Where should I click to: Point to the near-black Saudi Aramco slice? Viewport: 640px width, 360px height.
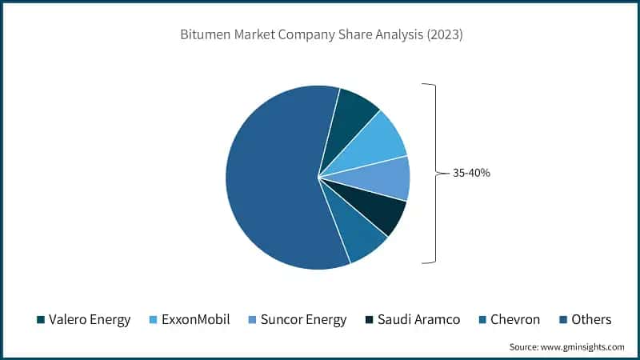click(382, 210)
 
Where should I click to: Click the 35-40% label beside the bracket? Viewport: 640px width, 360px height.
click(471, 172)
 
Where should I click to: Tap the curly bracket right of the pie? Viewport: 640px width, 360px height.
click(433, 172)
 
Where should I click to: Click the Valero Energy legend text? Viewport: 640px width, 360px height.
click(90, 319)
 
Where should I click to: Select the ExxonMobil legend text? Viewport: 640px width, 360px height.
click(196, 319)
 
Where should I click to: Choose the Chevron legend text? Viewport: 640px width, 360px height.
click(515, 319)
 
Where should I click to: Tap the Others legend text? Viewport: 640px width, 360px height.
click(591, 319)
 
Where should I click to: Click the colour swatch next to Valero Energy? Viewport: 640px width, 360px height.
click(41, 320)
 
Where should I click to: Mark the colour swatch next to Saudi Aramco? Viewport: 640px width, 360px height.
click(370, 320)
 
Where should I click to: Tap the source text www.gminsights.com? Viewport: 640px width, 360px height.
click(581, 347)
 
